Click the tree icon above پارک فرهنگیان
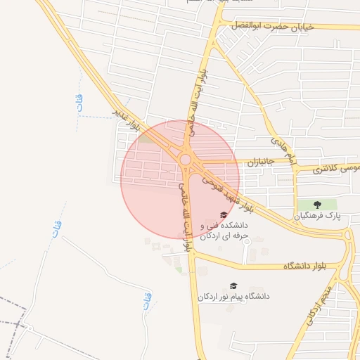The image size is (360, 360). (317, 205)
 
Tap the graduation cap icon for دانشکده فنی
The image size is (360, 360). (224, 215)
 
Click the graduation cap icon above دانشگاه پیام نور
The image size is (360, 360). (233, 285)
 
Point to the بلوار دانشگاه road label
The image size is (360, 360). (307, 266)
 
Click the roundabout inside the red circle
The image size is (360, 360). (186, 160)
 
